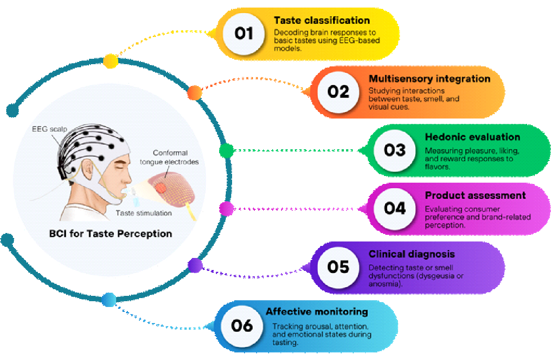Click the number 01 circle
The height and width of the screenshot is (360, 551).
pos(244,34)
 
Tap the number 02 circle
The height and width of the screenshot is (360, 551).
pos(338,92)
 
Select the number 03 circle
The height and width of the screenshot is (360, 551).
pos(395,150)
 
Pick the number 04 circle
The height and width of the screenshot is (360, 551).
pos(395,208)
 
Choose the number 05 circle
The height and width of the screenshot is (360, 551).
pos(338,267)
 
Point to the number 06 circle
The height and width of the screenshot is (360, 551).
pos(242,326)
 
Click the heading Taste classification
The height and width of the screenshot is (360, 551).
pos(322,20)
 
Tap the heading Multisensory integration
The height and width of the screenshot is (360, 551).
pos(429,79)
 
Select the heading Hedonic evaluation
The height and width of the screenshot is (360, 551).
pos(472,137)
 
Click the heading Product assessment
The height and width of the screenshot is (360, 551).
pos(475,196)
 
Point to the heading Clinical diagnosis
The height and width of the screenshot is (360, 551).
pos(412,254)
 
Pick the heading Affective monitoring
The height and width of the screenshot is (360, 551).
pos(317,312)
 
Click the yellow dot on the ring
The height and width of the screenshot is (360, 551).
pos(110,61)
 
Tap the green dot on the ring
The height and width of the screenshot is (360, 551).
pos(226,151)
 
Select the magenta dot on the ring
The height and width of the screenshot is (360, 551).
pos(226,208)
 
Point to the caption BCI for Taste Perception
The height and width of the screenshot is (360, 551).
pos(111,233)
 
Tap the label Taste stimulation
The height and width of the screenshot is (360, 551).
pos(143,213)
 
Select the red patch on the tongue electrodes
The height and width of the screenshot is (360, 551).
pos(160,188)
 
